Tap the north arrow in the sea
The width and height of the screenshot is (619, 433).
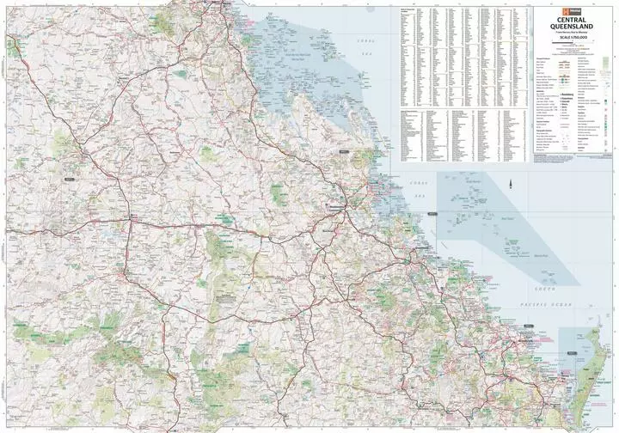pyautogui.click(x=510, y=183)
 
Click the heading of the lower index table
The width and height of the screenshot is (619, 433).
pyautogui.click(x=464, y=109)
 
